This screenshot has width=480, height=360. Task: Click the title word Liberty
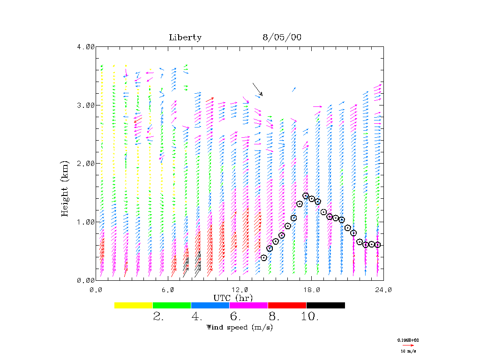[185, 37]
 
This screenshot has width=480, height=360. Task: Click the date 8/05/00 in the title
[282, 37]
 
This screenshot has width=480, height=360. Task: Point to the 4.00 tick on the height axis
[86, 46]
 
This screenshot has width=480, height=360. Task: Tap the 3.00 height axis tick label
[86, 105]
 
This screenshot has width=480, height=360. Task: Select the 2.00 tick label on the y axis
[86, 163]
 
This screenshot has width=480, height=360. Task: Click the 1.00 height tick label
[86, 222]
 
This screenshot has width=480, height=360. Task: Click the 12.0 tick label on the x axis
[240, 290]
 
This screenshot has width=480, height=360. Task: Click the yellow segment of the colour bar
[134, 305]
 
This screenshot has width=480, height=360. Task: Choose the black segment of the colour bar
[325, 305]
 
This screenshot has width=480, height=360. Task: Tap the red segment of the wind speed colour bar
[287, 305]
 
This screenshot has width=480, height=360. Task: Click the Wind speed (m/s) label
[240, 327]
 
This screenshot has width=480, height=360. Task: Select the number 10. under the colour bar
[310, 317]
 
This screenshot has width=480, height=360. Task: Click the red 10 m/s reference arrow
[408, 345]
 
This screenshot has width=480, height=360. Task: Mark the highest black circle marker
[306, 196]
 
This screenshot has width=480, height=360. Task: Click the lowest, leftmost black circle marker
[264, 258]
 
